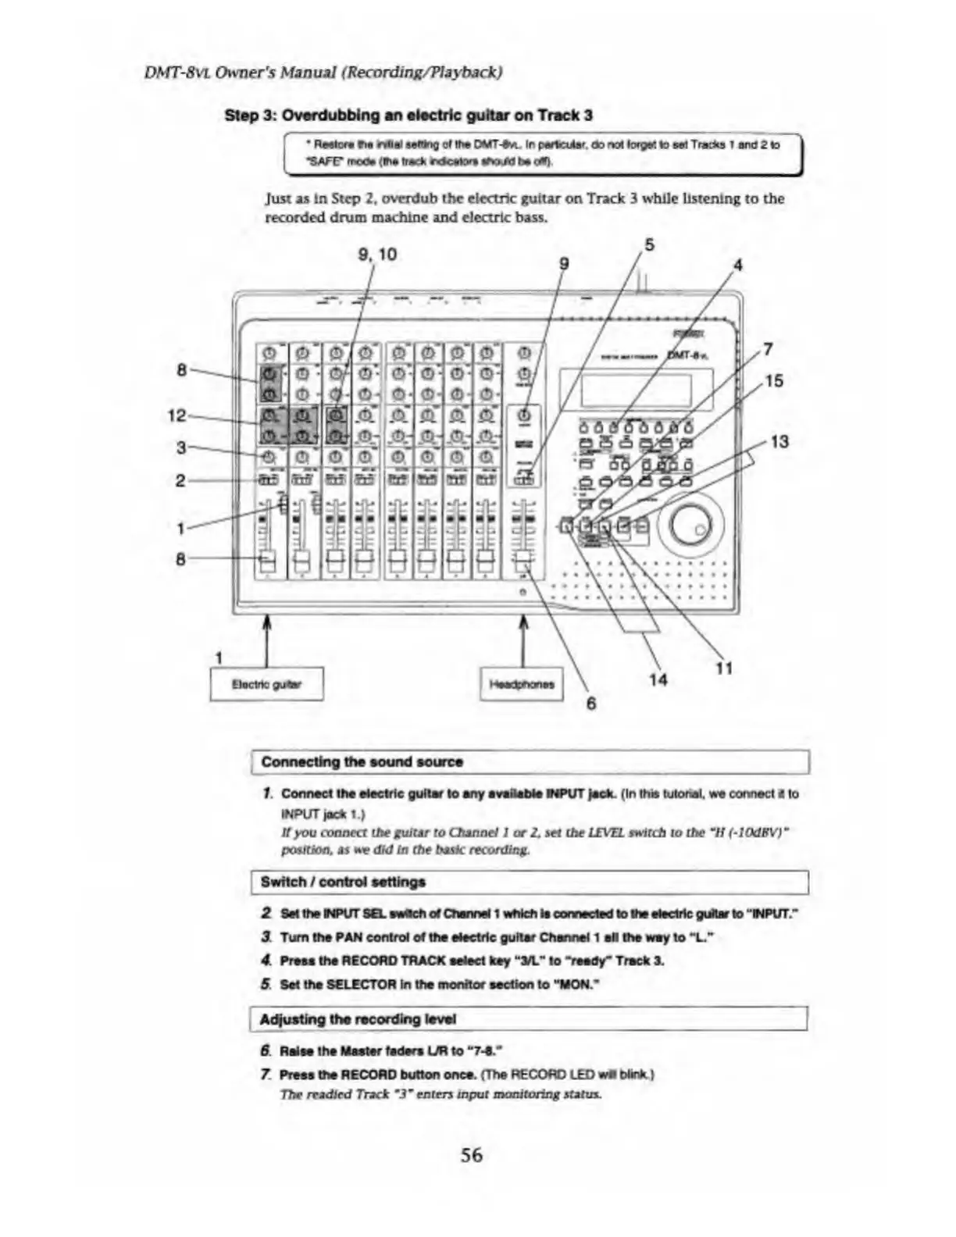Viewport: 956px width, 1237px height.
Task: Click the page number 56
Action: pos(471,1154)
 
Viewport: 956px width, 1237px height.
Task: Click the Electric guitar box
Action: pos(266,685)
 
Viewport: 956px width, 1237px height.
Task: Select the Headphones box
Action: pos(522,685)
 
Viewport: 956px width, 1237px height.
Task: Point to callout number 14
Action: pos(658,679)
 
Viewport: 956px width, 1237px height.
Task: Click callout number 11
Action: pos(724,668)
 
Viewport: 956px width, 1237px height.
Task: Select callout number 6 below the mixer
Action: pos(591,703)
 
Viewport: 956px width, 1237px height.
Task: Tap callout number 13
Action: pos(779,442)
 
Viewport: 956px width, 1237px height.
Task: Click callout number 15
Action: pos(773,381)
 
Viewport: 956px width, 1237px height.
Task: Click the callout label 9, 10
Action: pos(377,254)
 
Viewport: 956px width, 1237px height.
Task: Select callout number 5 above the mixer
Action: pos(649,244)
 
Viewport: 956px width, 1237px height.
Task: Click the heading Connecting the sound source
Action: pos(362,761)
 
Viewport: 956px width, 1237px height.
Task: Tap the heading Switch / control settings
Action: pos(343,882)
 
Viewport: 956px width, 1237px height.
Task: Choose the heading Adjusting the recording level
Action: pos(357,1019)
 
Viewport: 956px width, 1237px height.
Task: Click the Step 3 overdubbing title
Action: pos(408,116)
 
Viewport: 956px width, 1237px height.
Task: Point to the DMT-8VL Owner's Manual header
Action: pos(323,73)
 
